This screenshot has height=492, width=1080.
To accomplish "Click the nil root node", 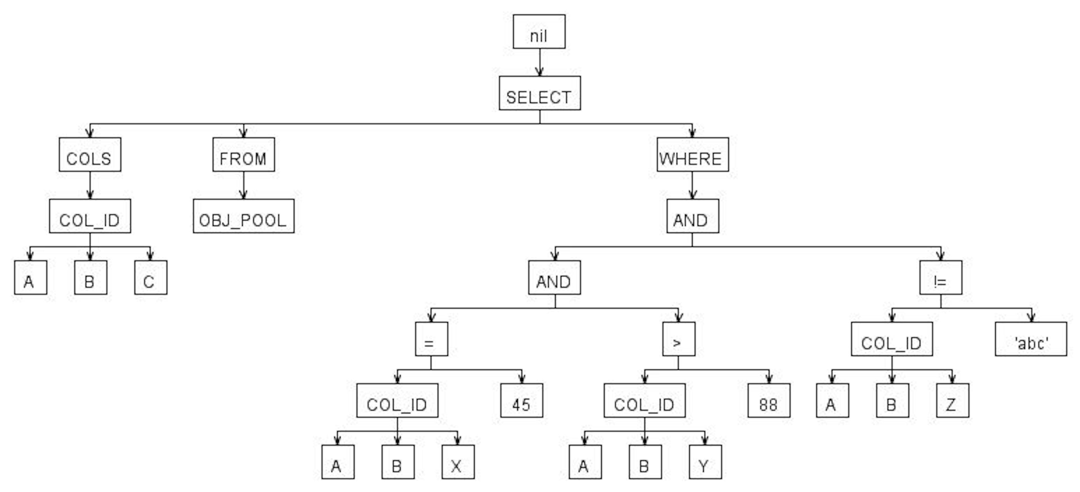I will (x=539, y=32).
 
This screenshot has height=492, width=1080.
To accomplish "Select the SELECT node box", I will (x=540, y=93).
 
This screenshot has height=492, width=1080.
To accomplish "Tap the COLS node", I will (x=90, y=154).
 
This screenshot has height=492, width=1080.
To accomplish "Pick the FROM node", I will (x=244, y=154).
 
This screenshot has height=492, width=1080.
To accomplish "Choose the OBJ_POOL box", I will (x=244, y=216).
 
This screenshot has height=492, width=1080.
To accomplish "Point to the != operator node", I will (x=940, y=278).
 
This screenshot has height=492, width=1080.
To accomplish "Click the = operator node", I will (x=431, y=339).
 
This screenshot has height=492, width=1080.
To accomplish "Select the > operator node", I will (x=678, y=339).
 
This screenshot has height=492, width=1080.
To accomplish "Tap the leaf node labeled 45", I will (x=521, y=401).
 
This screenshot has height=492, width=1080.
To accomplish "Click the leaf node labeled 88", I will (x=769, y=401).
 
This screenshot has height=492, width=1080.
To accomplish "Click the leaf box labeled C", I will (x=150, y=278).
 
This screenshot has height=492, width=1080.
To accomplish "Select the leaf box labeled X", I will (x=458, y=462).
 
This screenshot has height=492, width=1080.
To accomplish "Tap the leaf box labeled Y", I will (x=705, y=462).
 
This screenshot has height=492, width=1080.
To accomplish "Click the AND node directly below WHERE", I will (x=693, y=216).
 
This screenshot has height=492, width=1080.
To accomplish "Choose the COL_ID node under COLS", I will (x=90, y=216).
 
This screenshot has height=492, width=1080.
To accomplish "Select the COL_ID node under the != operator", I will (x=892, y=339).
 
